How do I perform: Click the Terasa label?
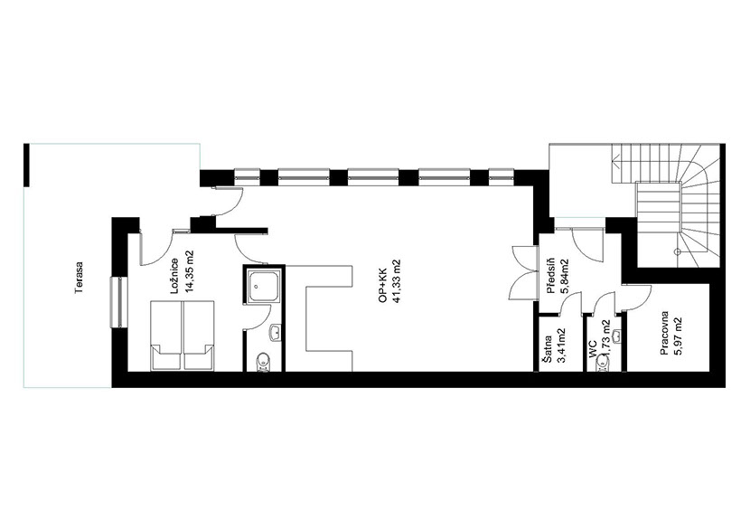coord(79,278)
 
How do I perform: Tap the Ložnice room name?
coord(174,275)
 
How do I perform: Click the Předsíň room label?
coord(550,277)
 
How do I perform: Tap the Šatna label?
coord(548,349)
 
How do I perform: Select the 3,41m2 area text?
coord(562,345)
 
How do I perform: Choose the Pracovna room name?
coord(664,332)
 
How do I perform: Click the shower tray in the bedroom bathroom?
coord(263,286)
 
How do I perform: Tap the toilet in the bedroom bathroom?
coord(262,362)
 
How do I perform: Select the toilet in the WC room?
coord(603,364)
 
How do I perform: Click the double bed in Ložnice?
coord(182,335)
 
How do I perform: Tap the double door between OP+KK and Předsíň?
coord(524,273)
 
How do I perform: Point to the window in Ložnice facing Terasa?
coord(119,302)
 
